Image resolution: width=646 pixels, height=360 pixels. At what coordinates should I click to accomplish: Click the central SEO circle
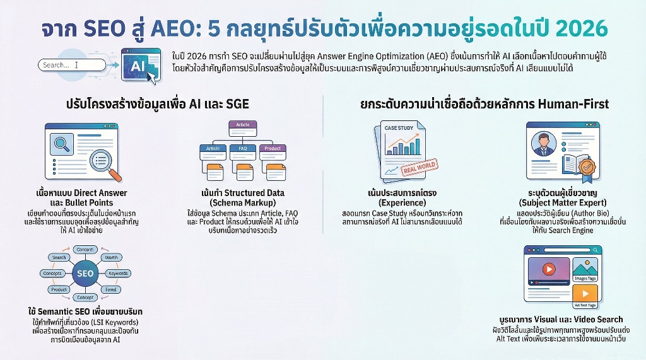coord(85,274)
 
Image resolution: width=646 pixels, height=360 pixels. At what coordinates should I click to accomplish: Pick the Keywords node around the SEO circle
coord(119,274)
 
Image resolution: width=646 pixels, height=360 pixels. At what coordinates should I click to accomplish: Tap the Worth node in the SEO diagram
coord(111,257)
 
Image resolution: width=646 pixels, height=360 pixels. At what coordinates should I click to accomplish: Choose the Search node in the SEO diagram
coord(59,257)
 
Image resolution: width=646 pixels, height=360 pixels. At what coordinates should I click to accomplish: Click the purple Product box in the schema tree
coord(273,149)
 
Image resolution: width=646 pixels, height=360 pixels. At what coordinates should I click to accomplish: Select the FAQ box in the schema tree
coord(243,149)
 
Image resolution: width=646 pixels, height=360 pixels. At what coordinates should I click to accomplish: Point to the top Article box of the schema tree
coord(243,125)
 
